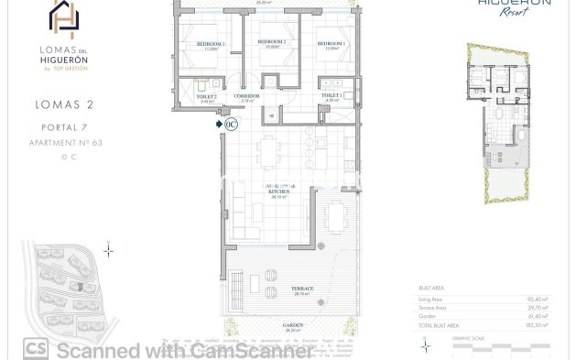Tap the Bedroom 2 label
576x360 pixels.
[x=272, y=42]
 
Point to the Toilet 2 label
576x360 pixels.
[x=206, y=96]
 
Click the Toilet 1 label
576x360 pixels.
[x=331, y=95]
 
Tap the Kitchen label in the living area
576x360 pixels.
[x=273, y=191]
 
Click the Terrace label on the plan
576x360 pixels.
[x=303, y=289]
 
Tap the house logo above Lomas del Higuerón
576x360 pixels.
[x=63, y=19]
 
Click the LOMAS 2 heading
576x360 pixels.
[x=63, y=106]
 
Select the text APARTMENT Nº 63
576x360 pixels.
[x=63, y=143]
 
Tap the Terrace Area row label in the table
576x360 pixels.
[x=437, y=306]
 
